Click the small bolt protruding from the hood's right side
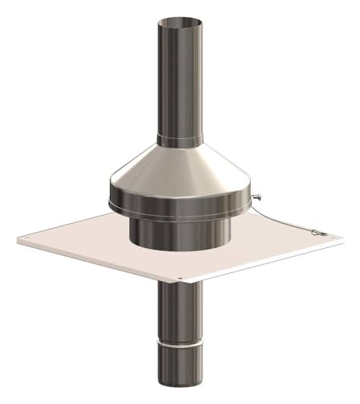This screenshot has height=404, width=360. pyautogui.click(x=256, y=196)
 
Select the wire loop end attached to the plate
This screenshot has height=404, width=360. pyautogui.click(x=318, y=234)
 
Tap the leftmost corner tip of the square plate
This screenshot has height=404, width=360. pyautogui.click(x=17, y=239)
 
